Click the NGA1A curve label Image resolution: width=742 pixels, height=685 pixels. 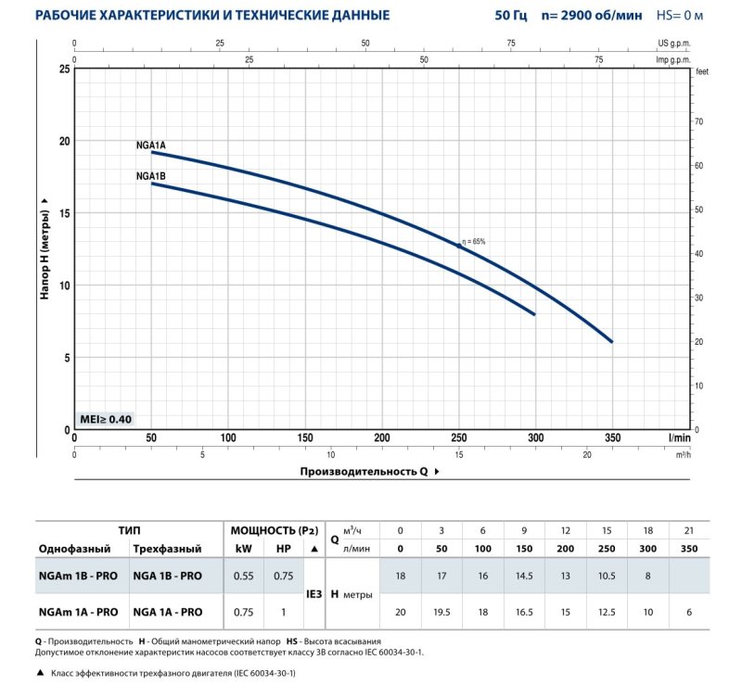[x=150, y=145]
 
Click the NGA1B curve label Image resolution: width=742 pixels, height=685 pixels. [x=150, y=176]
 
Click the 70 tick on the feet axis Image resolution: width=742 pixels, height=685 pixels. [x=699, y=121]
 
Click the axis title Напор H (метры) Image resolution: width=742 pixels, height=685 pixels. [x=45, y=248]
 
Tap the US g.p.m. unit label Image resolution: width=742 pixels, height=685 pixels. [x=675, y=43]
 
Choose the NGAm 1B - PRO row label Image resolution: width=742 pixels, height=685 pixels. [x=77, y=576]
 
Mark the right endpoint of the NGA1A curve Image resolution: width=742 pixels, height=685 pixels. [x=612, y=342]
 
